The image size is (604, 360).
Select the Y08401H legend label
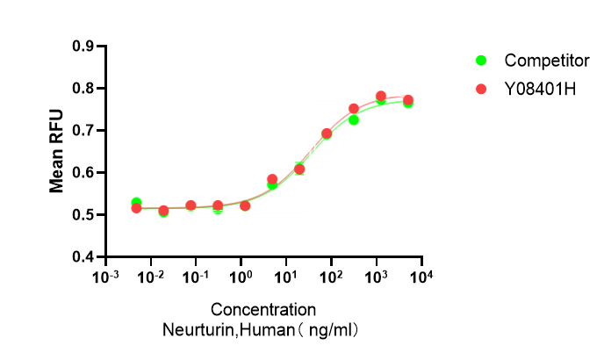[x=541, y=89]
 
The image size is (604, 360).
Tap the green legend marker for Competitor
[x=481, y=61]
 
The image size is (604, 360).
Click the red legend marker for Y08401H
[x=481, y=89]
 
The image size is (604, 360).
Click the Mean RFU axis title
[x=57, y=151]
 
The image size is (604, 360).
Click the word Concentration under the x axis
[x=263, y=310]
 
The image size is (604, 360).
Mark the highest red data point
[x=381, y=97]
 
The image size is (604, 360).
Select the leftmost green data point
[x=136, y=203]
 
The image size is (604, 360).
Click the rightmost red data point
[x=408, y=100]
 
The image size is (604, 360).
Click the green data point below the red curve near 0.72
[x=354, y=119]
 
